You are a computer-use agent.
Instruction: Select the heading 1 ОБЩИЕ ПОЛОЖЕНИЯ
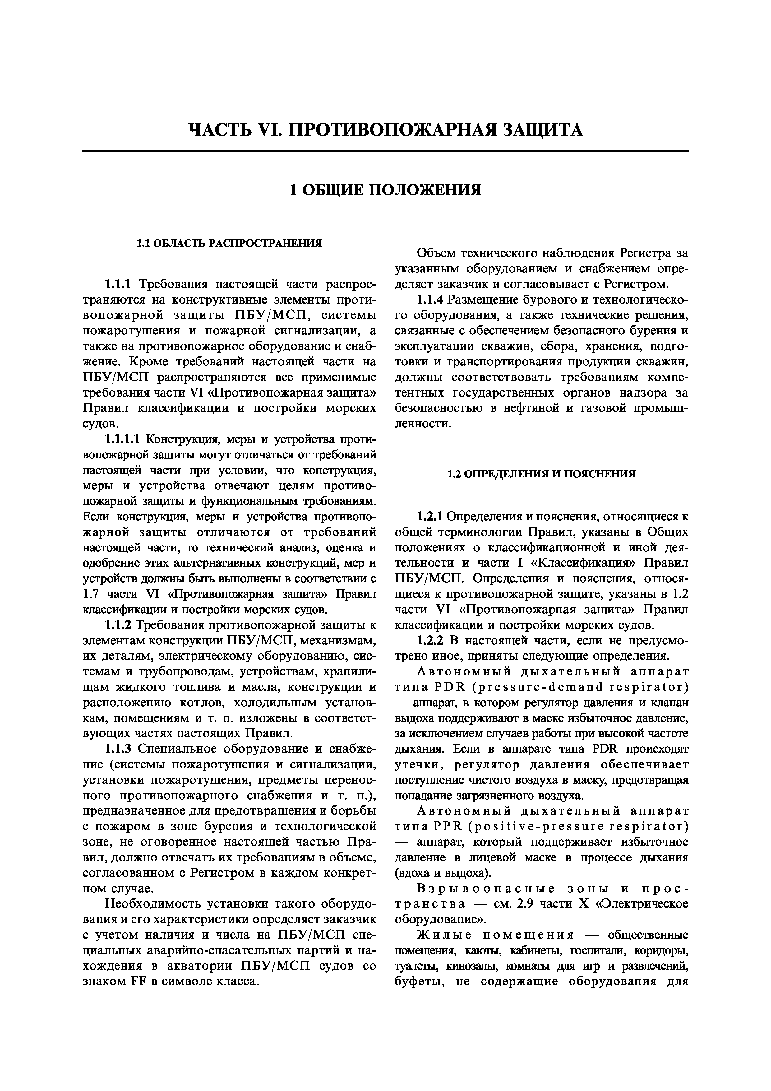[385, 190]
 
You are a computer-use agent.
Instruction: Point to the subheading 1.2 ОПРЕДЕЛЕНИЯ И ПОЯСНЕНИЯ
[542, 474]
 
